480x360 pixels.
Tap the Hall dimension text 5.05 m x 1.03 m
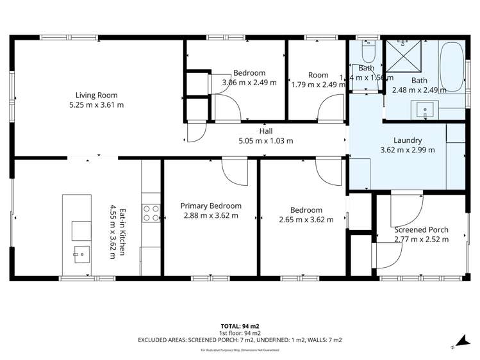point(265,141)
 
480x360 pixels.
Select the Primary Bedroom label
point(211,206)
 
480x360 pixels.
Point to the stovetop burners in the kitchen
point(151,213)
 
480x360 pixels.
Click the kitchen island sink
point(80,254)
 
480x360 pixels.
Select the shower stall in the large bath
point(402,54)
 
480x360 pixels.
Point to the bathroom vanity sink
point(425,111)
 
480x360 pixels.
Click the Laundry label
point(407,140)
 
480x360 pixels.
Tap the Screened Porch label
point(421,229)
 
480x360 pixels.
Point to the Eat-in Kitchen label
point(116,230)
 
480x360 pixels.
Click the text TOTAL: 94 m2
point(240,326)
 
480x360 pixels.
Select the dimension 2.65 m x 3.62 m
point(306,220)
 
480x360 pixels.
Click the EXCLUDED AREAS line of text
point(240,340)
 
